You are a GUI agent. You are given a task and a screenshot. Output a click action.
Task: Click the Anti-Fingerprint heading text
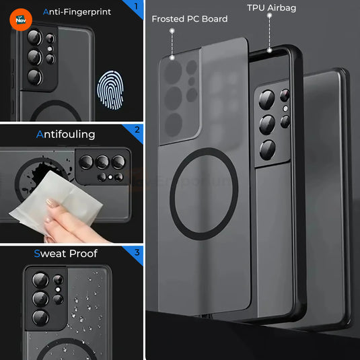click(77, 11)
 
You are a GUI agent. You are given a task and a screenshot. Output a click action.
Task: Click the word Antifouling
click(65, 134)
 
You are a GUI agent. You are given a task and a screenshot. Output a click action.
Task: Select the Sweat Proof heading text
click(65, 254)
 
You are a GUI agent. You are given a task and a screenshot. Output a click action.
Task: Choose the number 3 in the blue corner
click(137, 253)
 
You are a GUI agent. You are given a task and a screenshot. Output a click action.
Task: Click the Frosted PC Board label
click(189, 19)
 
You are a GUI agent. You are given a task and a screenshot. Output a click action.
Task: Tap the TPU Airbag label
click(271, 8)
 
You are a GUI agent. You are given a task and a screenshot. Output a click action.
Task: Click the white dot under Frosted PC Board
click(172, 31)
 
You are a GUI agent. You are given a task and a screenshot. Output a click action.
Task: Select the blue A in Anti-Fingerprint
click(46, 11)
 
